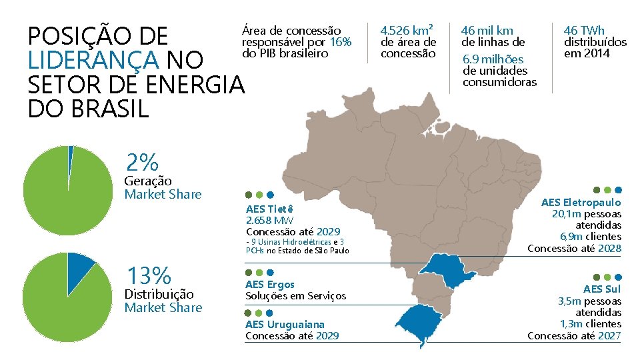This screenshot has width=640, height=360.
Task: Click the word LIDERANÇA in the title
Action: point(93,59)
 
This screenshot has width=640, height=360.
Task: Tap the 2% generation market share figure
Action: point(142,162)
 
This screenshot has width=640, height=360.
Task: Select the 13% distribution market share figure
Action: point(149,275)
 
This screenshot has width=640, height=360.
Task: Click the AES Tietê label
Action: point(269,209)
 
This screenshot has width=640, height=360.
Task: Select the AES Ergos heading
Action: point(270,285)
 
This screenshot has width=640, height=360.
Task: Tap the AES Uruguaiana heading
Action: point(285,325)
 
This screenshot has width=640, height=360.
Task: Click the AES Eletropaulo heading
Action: point(581,203)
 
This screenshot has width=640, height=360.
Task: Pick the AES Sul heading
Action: point(602,289)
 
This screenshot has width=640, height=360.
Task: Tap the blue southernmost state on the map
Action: point(419,323)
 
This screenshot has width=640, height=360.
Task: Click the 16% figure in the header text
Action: point(341,42)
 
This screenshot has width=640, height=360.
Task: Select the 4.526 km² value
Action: point(407,30)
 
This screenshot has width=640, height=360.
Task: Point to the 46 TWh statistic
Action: point(584,31)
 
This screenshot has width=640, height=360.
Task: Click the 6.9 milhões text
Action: point(493,59)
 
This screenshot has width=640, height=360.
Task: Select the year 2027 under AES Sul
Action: point(610,335)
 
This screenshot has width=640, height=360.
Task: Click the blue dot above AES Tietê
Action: point(270,195)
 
